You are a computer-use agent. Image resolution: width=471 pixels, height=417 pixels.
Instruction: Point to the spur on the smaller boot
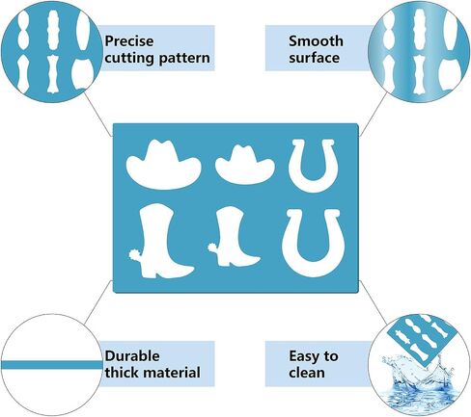pos(212,248)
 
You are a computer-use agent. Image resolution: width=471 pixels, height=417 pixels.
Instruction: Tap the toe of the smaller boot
pos(253,259)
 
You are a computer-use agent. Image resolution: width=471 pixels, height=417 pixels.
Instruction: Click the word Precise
pos(129,41)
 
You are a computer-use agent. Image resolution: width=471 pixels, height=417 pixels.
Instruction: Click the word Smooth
pos(316,41)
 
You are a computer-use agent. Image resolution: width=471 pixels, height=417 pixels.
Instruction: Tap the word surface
pos(314,58)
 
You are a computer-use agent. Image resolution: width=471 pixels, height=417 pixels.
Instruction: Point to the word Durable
pos(132,356)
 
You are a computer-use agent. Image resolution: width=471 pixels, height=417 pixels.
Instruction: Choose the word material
pos(172,373)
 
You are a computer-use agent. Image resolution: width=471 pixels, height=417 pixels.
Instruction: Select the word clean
pos(307,373)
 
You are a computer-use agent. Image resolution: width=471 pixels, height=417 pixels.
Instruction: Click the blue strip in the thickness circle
pos(51,365)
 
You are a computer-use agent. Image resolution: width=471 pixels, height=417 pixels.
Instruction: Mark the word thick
pos(123,373)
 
